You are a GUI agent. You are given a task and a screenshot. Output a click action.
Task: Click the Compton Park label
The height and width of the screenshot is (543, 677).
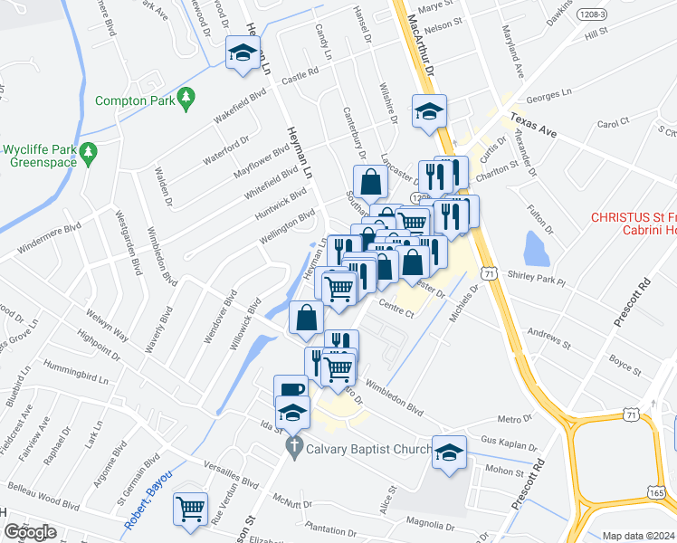click(136, 100)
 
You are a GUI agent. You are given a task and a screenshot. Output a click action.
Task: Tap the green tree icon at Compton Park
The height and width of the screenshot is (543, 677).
click(187, 97)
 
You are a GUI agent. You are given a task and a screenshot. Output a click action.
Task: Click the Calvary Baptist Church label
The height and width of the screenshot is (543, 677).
click(366, 447)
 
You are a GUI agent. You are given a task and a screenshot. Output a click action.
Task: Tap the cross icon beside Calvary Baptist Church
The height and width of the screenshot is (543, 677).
click(293, 446)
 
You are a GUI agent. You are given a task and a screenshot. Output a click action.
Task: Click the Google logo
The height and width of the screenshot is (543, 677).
click(30, 532)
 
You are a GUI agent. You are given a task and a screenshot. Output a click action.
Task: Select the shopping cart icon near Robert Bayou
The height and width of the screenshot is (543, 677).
click(190, 510)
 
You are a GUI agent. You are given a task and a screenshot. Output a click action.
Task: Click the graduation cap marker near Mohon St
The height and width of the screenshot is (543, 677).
click(449, 452)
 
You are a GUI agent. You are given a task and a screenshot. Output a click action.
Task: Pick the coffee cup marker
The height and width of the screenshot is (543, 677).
click(291, 390)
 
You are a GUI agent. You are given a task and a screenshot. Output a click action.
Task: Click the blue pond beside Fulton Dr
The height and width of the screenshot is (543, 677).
click(536, 245)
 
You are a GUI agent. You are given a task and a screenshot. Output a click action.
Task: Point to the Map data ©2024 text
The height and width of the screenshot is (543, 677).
click(639, 536)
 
